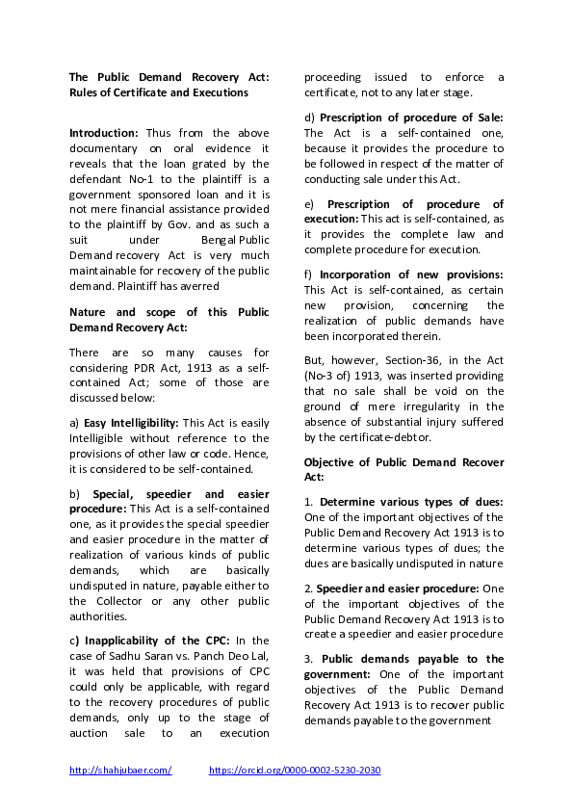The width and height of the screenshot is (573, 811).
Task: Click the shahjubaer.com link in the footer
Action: (x=120, y=771)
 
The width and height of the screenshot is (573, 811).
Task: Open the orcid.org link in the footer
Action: (x=295, y=771)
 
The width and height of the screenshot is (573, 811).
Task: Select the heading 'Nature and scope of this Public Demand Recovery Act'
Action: (x=169, y=320)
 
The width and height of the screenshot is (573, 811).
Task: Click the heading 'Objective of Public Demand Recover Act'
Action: (x=404, y=469)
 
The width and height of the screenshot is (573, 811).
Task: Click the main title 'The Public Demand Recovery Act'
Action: (x=169, y=77)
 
